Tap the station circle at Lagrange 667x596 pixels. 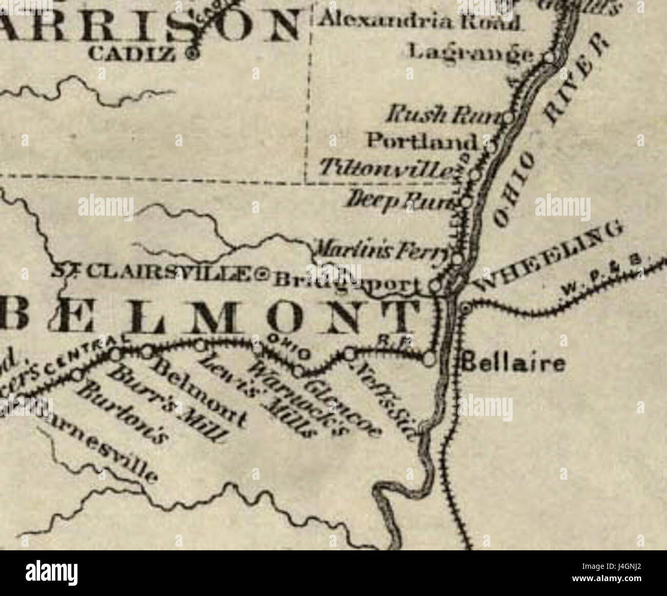pyautogui.click(x=550, y=57)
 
